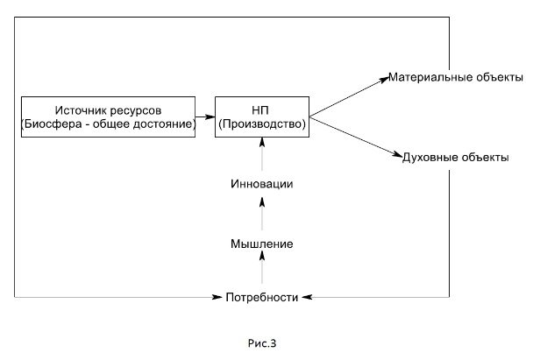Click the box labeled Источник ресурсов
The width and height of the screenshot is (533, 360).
coord(108,117)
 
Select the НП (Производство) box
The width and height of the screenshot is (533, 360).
coord(263,117)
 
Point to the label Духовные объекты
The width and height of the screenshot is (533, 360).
coord(455,157)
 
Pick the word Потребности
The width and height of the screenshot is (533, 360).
coord(262,298)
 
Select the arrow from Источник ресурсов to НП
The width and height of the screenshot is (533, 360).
coord(206,117)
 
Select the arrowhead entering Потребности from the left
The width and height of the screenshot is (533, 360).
coord(217,299)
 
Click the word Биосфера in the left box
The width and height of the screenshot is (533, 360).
coord(53,124)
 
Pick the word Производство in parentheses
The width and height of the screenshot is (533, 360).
coord(263,124)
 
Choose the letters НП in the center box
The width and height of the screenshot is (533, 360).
coord(262,109)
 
